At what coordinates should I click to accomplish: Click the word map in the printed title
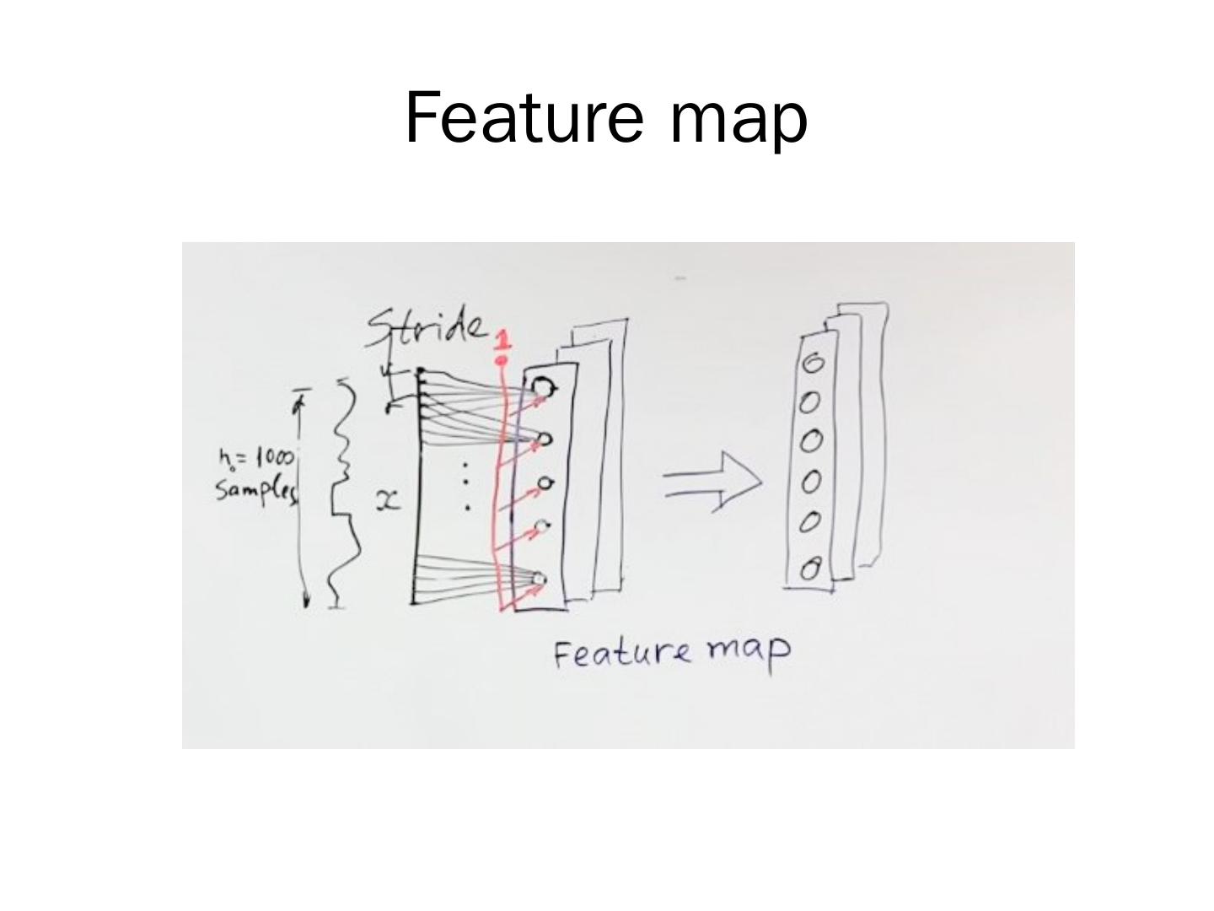point(739,120)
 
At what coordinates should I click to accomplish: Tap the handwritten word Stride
point(427,327)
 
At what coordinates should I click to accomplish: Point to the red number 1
point(502,340)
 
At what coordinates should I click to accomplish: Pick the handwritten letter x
point(387,502)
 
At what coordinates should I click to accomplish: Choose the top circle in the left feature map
point(544,386)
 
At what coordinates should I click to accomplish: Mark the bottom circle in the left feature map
point(539,579)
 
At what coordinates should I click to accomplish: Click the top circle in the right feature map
point(813,364)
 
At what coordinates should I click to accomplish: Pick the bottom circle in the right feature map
point(810,570)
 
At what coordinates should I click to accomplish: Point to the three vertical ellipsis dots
point(466,487)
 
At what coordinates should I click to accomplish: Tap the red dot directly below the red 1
point(502,361)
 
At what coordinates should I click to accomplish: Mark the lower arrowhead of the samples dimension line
point(306,600)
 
